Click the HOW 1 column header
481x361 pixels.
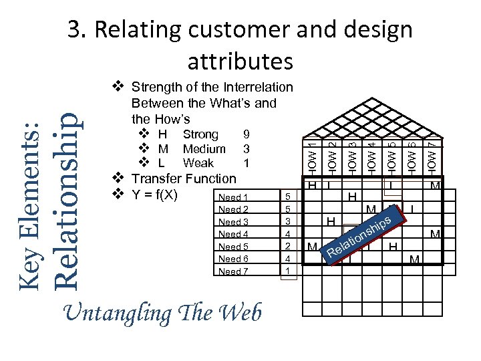tap(312, 154)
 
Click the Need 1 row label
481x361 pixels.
tap(233, 197)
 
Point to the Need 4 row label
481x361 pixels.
tap(233, 234)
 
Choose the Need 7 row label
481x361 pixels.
tap(233, 271)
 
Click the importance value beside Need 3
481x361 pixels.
tap(287, 222)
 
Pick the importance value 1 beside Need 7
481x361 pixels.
tap(287, 271)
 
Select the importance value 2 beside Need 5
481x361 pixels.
tap(287, 246)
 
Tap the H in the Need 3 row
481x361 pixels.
tap(330, 221)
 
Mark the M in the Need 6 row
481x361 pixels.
tap(414, 259)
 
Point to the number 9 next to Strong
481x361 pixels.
tap(247, 134)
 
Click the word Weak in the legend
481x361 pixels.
tap(198, 162)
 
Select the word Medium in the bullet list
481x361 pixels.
tap(204, 148)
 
